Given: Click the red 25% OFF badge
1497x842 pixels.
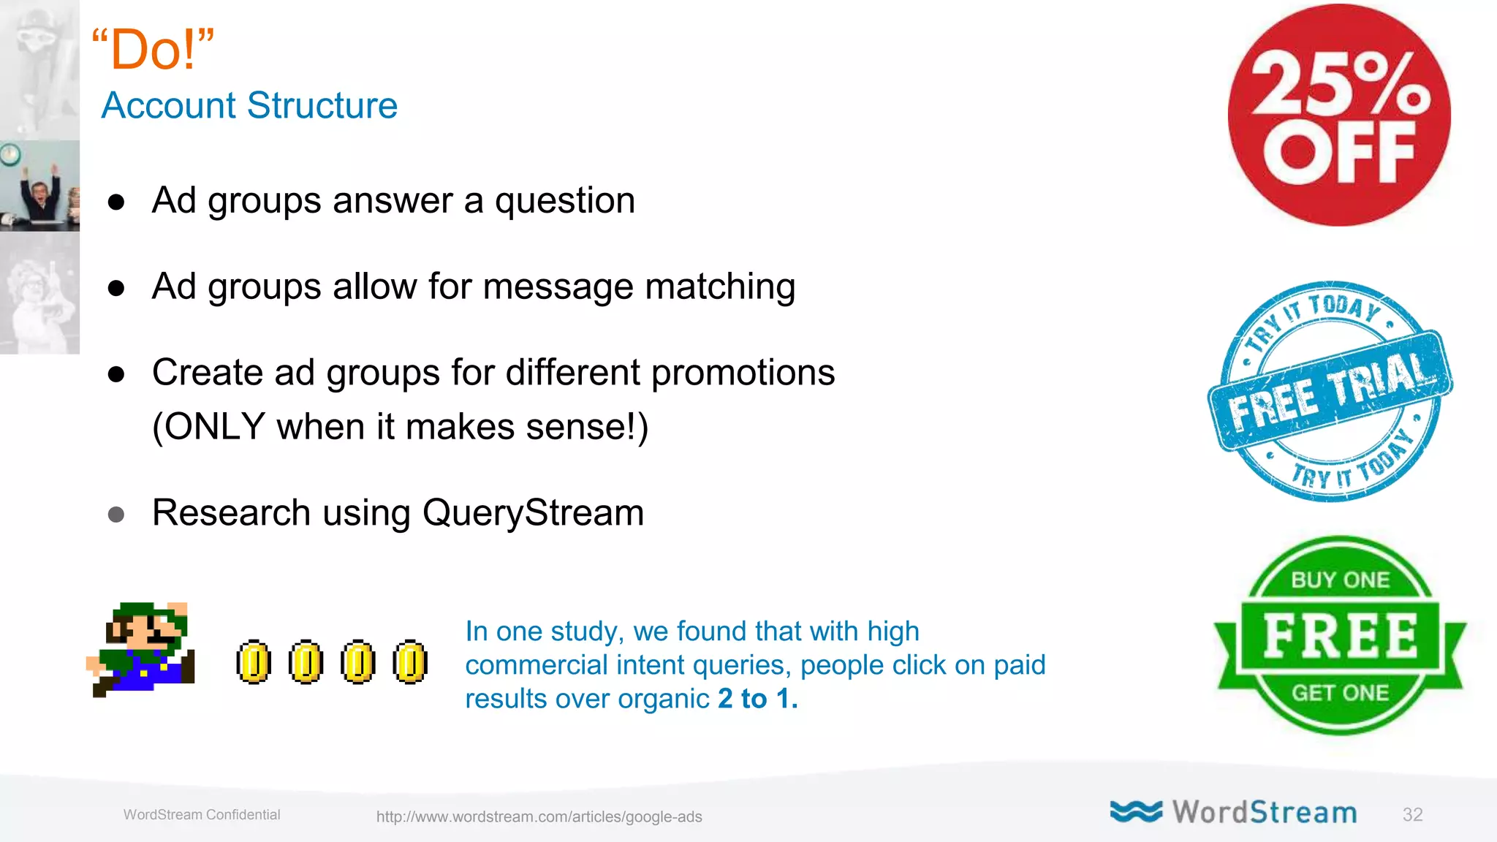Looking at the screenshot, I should click(x=1339, y=115).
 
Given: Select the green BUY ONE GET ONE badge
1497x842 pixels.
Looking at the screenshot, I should click(x=1340, y=635).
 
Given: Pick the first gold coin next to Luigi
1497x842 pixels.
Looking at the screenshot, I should click(x=254, y=662).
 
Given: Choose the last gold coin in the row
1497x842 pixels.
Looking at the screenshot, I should click(x=410, y=662).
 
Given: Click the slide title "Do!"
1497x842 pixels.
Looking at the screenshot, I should click(x=154, y=50).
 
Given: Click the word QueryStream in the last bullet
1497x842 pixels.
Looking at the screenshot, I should click(x=533, y=512).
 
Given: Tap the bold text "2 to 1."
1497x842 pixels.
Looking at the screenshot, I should click(x=757, y=699).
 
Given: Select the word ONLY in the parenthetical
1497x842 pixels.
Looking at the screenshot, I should click(x=215, y=427).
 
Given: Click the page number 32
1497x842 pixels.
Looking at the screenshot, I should click(x=1412, y=815).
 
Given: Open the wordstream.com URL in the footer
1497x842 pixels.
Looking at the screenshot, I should click(x=539, y=816).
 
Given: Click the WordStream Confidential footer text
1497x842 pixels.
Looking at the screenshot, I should click(x=202, y=815).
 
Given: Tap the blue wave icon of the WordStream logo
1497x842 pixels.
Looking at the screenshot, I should click(x=1135, y=811).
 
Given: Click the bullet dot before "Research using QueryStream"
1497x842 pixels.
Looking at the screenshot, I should click(x=116, y=515).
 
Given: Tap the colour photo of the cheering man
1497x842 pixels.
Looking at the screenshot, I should click(x=40, y=186).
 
